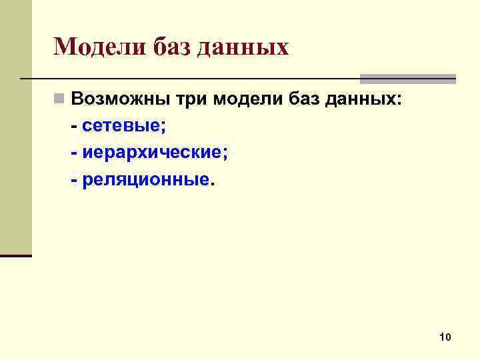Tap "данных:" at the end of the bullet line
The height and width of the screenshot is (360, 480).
(366, 100)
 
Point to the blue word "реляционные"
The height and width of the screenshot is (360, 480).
(146, 180)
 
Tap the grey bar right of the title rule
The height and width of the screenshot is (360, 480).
(407, 79)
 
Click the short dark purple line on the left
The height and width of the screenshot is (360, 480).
(16, 256)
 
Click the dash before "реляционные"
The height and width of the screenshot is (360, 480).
(73, 181)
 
